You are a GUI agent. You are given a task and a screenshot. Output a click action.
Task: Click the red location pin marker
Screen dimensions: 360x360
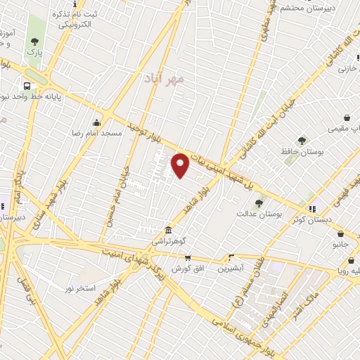point(181,165)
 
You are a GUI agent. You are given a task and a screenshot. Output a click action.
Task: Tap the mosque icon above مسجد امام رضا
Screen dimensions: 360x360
point(96,122)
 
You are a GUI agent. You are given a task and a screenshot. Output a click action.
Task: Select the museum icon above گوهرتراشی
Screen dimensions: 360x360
point(168,230)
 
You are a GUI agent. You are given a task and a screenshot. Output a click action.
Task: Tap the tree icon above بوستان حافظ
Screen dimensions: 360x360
point(302,140)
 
